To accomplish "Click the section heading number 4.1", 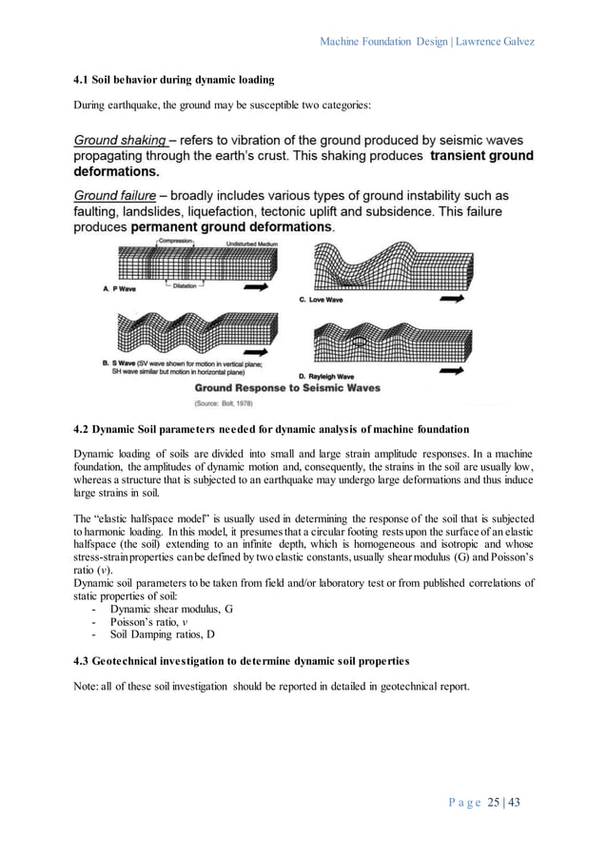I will click(83, 77).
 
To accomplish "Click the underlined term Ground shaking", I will click(119, 139).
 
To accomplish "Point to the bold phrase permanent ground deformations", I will click(231, 228).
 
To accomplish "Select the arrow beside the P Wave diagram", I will click(254, 285).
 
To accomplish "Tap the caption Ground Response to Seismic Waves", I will click(287, 388).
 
